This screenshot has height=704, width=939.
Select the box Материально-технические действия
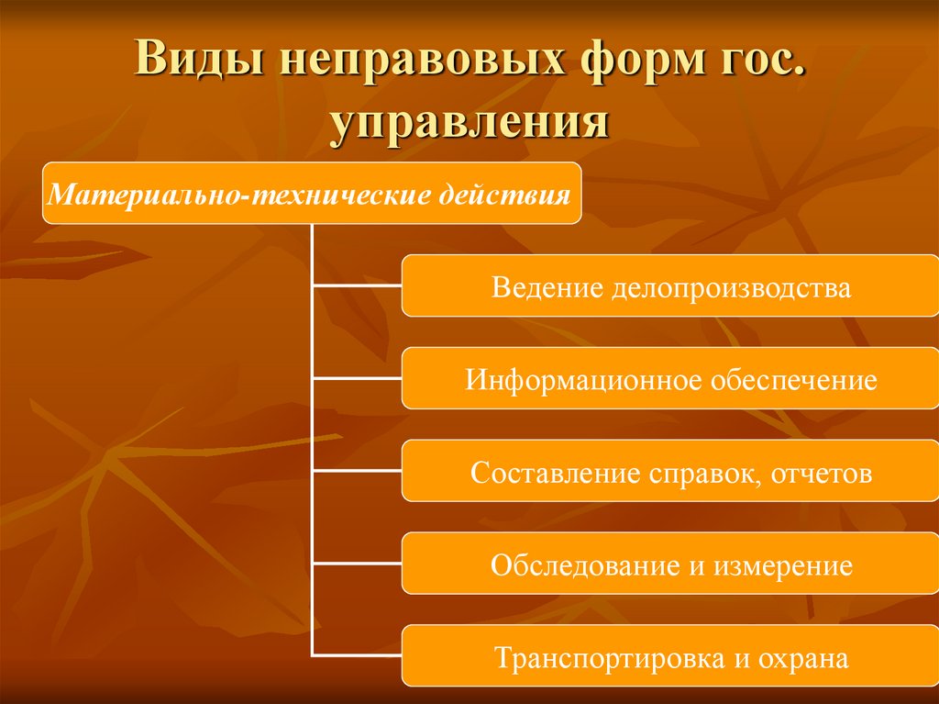click(x=312, y=194)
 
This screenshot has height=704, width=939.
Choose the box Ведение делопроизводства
click(x=670, y=287)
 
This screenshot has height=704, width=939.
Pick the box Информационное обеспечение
click(x=670, y=379)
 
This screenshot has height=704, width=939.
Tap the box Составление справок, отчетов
click(x=670, y=472)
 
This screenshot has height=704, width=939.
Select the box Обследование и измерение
click(x=670, y=564)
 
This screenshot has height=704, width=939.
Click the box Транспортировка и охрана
click(x=670, y=657)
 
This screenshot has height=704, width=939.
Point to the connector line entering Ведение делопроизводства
click(x=358, y=287)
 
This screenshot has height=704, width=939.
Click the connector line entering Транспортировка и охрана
click(x=358, y=654)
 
